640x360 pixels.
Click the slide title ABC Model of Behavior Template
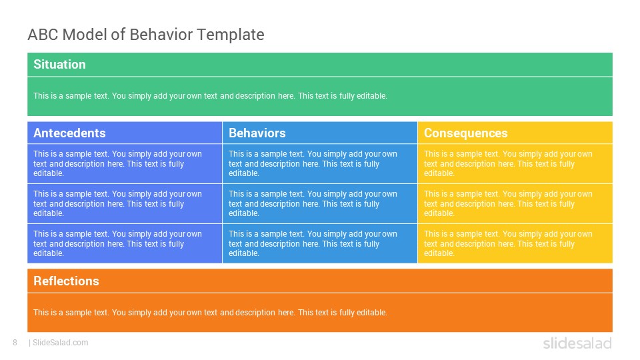coord(146,35)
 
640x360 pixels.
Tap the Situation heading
coord(59,65)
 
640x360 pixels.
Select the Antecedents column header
coord(69,133)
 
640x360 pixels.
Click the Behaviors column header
coord(257,133)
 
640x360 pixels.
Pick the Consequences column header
coord(466,133)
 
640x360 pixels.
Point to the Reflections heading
coord(66,281)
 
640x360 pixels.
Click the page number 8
coord(15,343)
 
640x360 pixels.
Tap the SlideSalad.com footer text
coord(59,343)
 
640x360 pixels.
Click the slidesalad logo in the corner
coord(577,343)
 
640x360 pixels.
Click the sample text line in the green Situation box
coord(210,96)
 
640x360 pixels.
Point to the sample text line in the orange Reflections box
coord(210,313)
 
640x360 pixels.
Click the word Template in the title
coord(231,35)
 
